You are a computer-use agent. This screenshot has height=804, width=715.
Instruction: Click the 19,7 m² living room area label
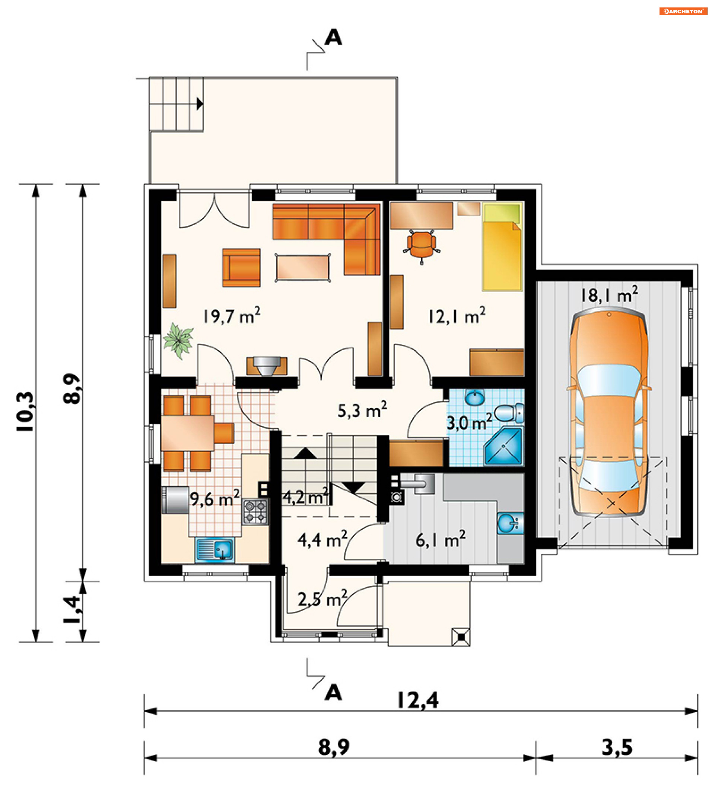pyautogui.click(x=231, y=316)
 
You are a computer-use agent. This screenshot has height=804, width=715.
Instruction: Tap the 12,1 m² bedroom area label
pyautogui.click(x=457, y=316)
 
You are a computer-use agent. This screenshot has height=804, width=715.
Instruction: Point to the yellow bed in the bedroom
pyautogui.click(x=502, y=247)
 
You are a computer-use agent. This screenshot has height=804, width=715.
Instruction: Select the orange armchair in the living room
pyautogui.click(x=241, y=268)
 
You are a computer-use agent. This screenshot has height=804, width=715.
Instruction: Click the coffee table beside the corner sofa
pyautogui.click(x=303, y=268)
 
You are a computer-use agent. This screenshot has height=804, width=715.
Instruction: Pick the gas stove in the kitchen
pyautogui.click(x=256, y=512)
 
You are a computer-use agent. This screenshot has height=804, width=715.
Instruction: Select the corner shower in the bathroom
pyautogui.click(x=504, y=446)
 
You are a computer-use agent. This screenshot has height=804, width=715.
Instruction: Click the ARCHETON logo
pyautogui.click(x=683, y=11)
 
